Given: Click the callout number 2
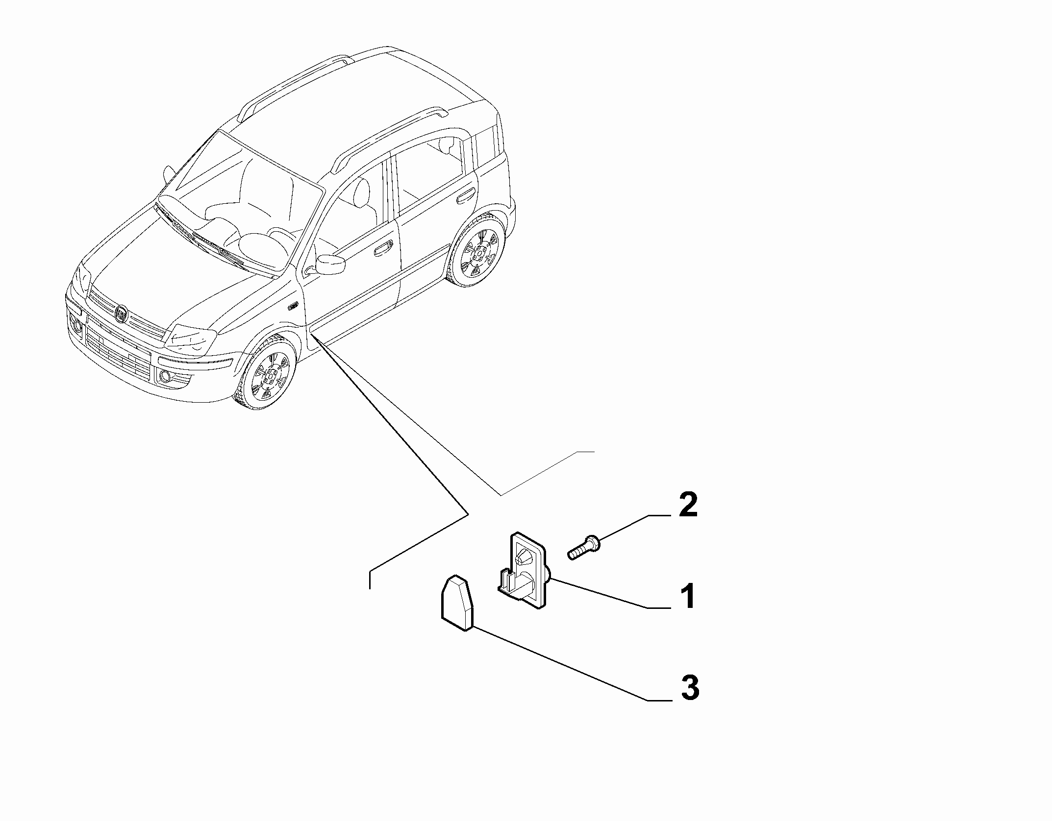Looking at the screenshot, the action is [688, 506].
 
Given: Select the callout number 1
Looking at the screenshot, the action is [688, 597].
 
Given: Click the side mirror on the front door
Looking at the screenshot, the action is [330, 264].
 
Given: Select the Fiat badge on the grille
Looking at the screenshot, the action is [121, 314].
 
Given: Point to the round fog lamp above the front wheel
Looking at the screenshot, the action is [164, 376].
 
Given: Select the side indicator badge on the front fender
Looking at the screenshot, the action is [293, 307].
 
